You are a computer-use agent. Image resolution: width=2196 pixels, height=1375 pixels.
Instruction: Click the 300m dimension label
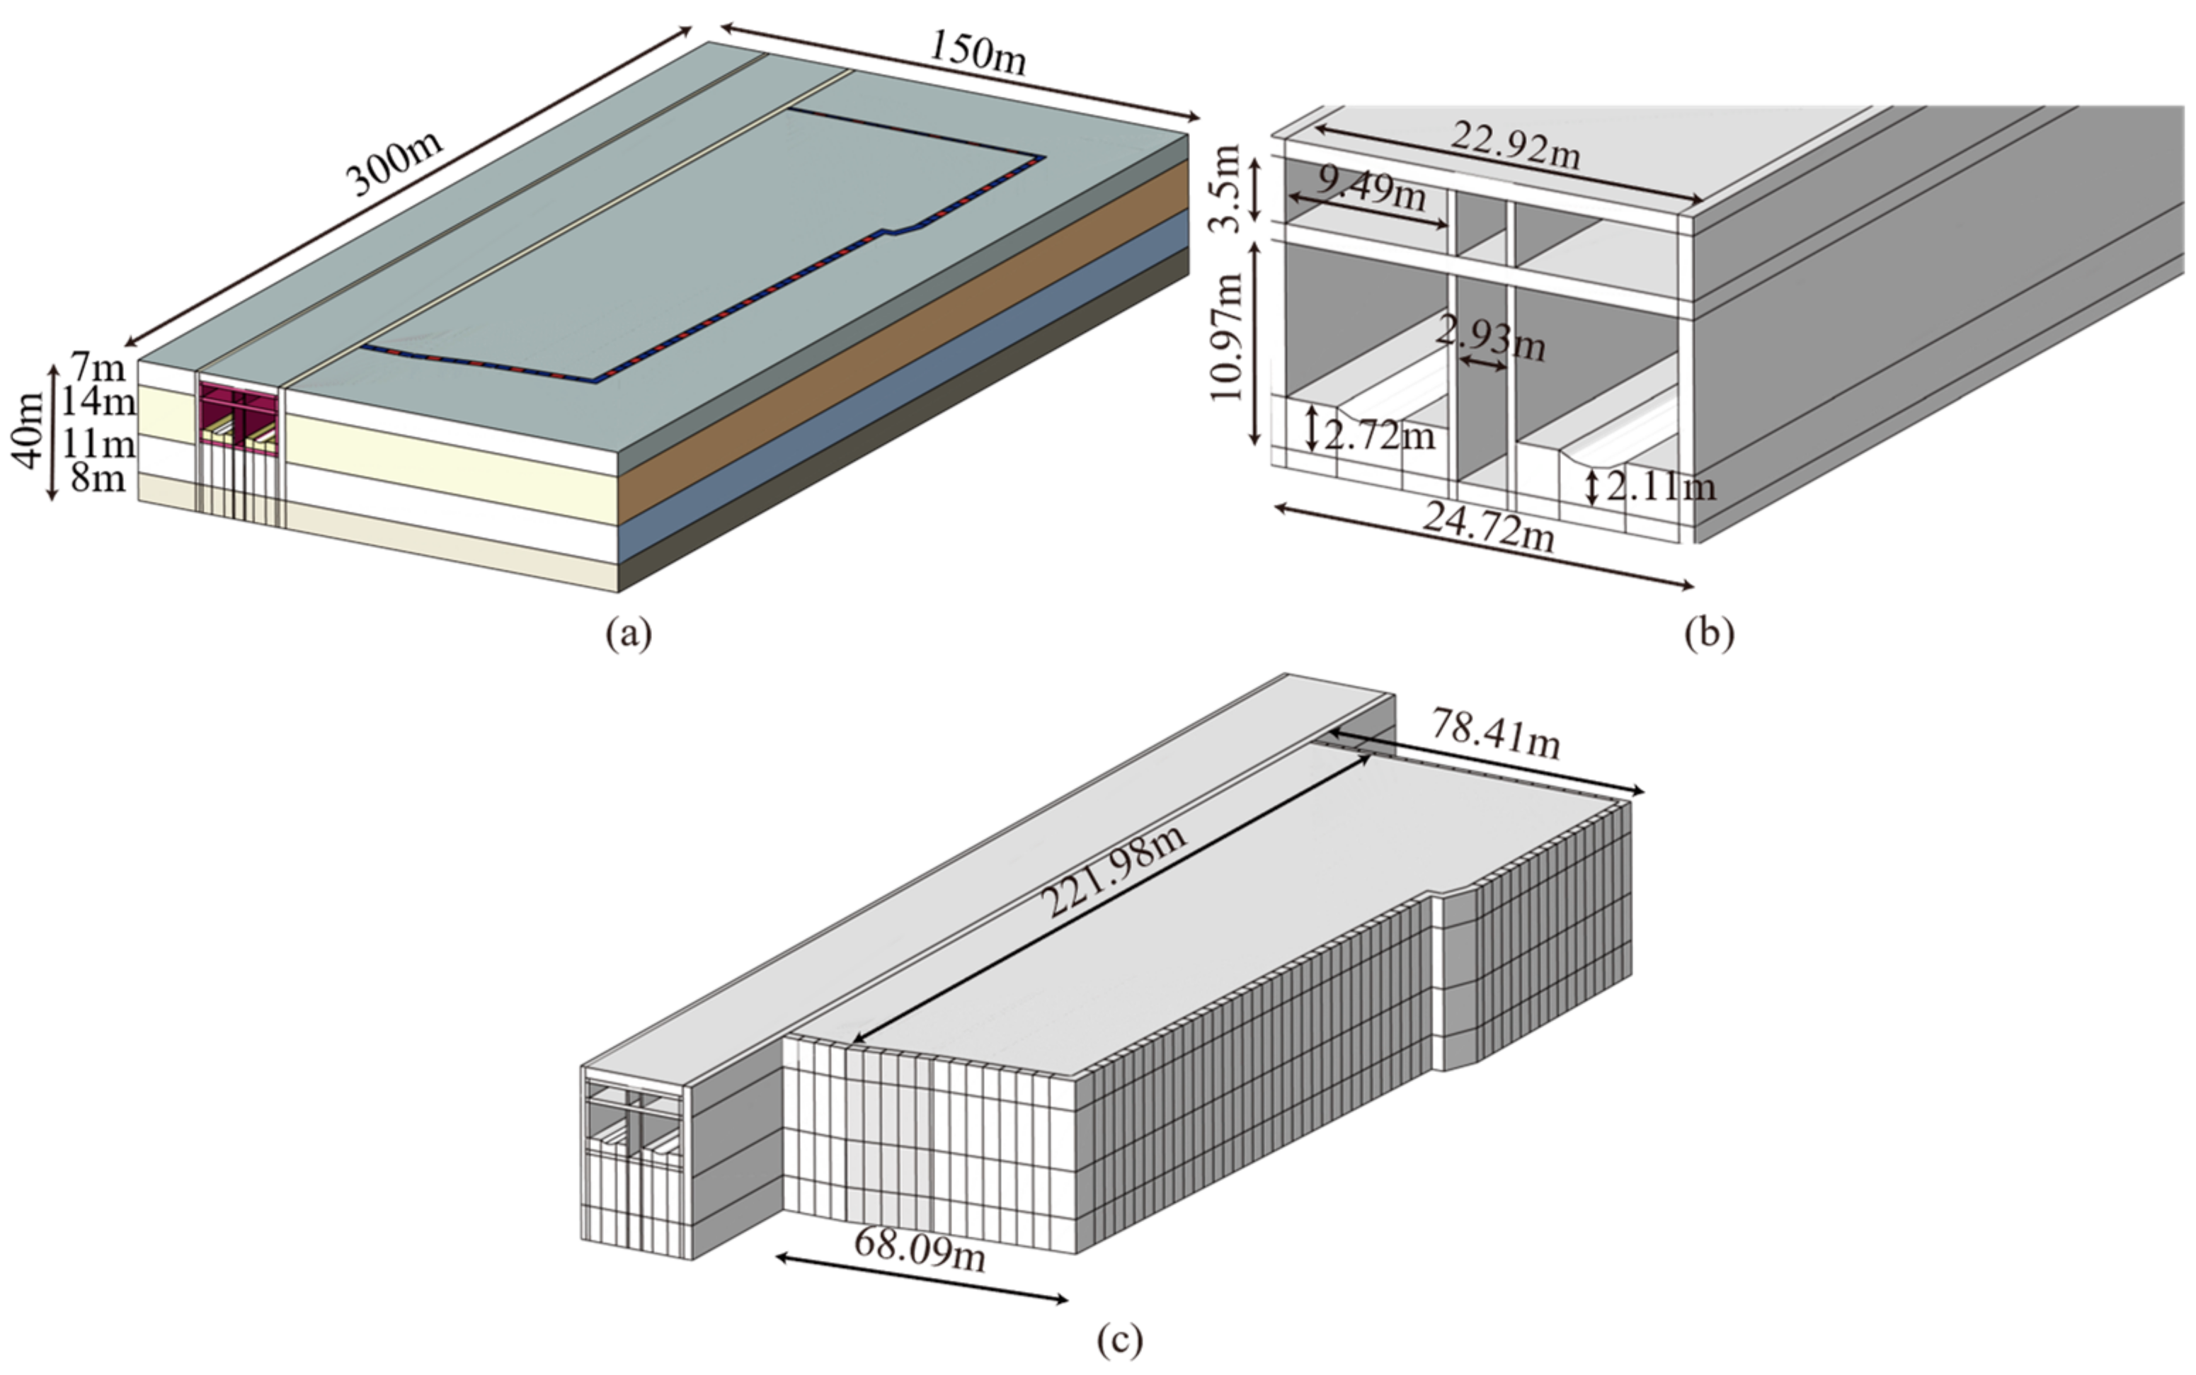tap(397, 163)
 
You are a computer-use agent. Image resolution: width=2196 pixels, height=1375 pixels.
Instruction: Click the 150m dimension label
tap(978, 52)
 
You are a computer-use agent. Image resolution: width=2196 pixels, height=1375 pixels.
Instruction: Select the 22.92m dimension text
tap(1515, 146)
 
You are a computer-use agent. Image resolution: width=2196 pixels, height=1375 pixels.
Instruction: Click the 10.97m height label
tap(1227, 336)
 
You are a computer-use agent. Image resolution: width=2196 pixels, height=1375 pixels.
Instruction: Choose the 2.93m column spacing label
tap(1492, 338)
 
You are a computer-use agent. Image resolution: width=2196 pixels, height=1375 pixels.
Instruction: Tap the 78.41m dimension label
tap(1496, 734)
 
